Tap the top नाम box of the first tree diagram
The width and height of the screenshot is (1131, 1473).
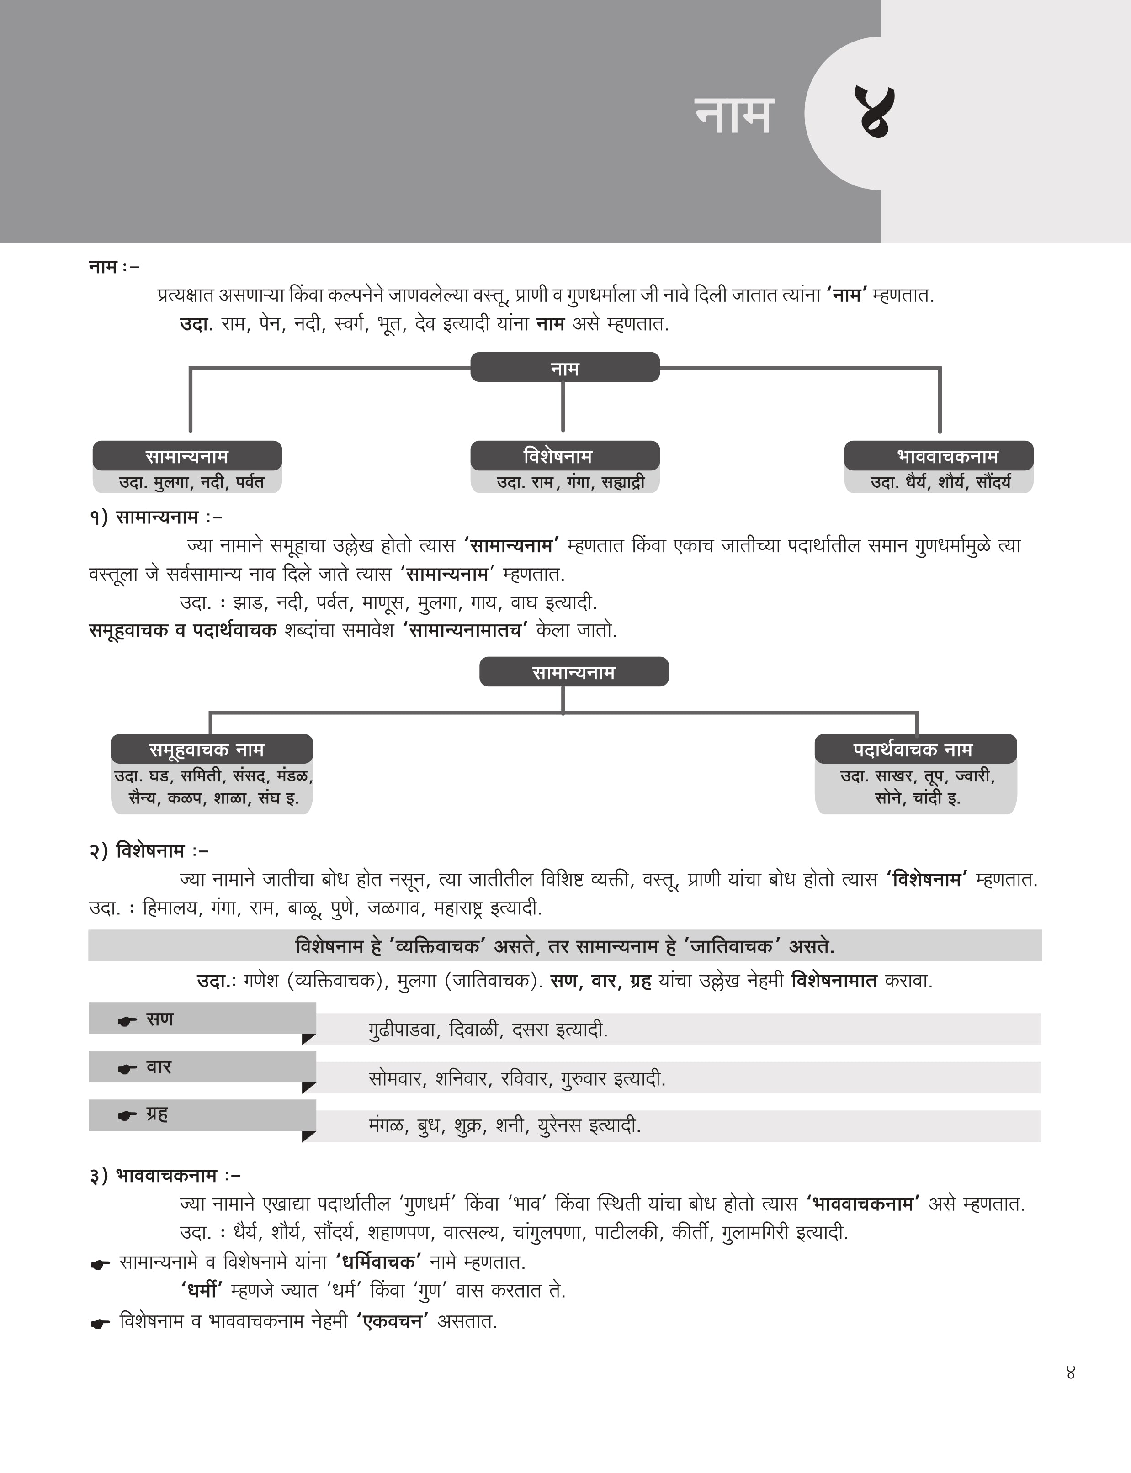pyautogui.click(x=564, y=367)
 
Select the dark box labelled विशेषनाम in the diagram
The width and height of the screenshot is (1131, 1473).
pyautogui.click(x=564, y=456)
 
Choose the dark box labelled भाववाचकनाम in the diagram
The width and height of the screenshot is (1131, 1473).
pyautogui.click(x=939, y=456)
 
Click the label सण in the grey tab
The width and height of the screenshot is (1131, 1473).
pyautogui.click(x=159, y=1019)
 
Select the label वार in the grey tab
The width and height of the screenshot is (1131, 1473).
pyautogui.click(x=159, y=1066)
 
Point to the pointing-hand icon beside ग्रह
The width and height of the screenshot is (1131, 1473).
pyautogui.click(x=127, y=1116)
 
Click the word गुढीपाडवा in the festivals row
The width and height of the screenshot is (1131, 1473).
pyautogui.click(x=401, y=1030)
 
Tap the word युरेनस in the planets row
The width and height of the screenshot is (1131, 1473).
pyautogui.click(x=559, y=1126)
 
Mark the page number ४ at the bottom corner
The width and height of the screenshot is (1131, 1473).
pyautogui.click(x=1070, y=1372)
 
